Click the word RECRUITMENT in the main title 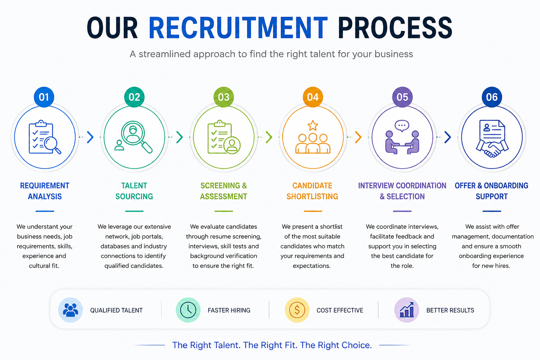238,28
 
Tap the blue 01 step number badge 44,97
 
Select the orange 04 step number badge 313,97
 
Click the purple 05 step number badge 402,97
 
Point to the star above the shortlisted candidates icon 313,126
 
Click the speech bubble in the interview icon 402,126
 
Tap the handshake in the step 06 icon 492,149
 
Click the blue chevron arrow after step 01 90,137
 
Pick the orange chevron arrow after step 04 358,137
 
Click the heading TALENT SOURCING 134,191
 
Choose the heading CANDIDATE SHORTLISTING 312,191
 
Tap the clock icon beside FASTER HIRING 188,310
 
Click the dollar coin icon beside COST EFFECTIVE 297,310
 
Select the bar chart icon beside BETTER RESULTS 407,310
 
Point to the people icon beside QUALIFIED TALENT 70,310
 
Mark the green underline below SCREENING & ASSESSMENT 224,211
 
